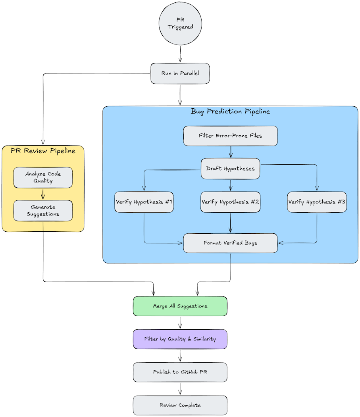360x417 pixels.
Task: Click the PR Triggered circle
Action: click(x=180, y=24)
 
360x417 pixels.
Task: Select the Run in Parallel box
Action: click(x=180, y=73)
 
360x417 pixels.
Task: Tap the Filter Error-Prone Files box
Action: click(x=230, y=136)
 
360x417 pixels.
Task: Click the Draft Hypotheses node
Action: click(x=230, y=168)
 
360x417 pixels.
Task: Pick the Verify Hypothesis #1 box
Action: click(x=144, y=202)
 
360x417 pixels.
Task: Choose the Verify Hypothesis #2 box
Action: click(x=230, y=202)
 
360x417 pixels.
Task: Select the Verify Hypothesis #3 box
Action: click(x=317, y=202)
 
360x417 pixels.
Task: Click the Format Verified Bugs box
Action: click(x=230, y=243)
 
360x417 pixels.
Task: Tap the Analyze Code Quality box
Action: click(x=43, y=177)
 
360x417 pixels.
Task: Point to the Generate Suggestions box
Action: click(x=43, y=210)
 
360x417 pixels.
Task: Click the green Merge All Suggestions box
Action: click(x=180, y=306)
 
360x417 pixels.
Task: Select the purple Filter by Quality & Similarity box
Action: click(x=180, y=339)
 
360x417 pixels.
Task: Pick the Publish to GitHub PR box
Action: click(x=180, y=372)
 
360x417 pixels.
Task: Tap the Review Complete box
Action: click(x=180, y=405)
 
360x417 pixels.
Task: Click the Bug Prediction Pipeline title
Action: click(x=230, y=111)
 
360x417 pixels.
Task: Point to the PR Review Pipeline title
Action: click(x=43, y=151)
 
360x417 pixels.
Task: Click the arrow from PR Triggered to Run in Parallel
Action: click(x=180, y=54)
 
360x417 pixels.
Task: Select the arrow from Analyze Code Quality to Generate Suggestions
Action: click(x=43, y=194)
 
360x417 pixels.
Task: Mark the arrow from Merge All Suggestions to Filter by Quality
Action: click(x=180, y=323)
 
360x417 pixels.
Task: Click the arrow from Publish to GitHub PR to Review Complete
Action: click(x=180, y=388)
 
